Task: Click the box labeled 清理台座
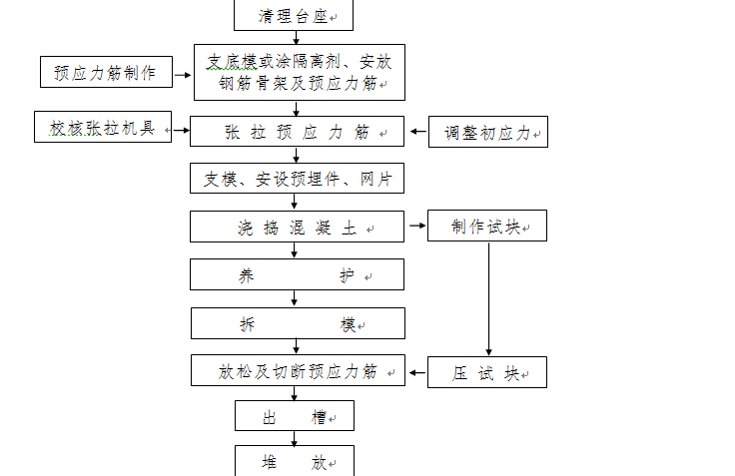pyautogui.click(x=294, y=15)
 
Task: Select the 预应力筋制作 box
pyautogui.click(x=107, y=72)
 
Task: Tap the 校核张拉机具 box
pyautogui.click(x=103, y=127)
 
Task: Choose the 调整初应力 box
pyautogui.click(x=488, y=132)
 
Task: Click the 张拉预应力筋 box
pyautogui.click(x=297, y=131)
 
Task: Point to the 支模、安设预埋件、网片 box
pyautogui.click(x=297, y=178)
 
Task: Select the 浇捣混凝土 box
pyautogui.click(x=297, y=227)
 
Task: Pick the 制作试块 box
pyautogui.click(x=487, y=226)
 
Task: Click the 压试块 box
pyautogui.click(x=487, y=372)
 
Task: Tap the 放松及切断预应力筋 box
pyautogui.click(x=298, y=370)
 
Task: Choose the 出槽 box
pyautogui.click(x=295, y=415)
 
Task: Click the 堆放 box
pyautogui.click(x=295, y=461)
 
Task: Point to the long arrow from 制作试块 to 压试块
pyautogui.click(x=489, y=299)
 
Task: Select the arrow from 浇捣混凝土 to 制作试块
pyautogui.click(x=417, y=226)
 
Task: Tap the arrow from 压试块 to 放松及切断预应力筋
pyautogui.click(x=417, y=373)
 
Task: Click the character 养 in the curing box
pyautogui.click(x=246, y=276)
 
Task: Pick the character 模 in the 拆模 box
pyautogui.click(x=348, y=324)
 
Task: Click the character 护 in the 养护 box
pyautogui.click(x=347, y=276)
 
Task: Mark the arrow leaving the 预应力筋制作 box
pyautogui.click(x=183, y=75)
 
